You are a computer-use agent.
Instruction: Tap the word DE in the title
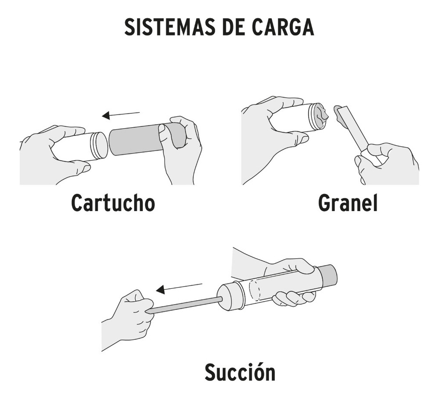pyautogui.click(x=237, y=27)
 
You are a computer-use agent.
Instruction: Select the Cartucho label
pyautogui.click(x=113, y=203)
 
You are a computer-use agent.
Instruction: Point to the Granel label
pyautogui.click(x=348, y=203)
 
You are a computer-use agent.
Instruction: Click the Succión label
pyautogui.click(x=240, y=373)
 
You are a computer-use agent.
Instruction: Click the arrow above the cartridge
pyautogui.click(x=121, y=115)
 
